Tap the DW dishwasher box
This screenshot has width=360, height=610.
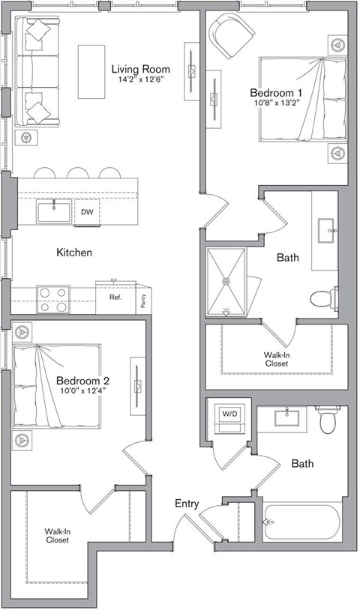pyautogui.click(x=88, y=212)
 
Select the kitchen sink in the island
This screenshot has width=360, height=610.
pyautogui.click(x=54, y=211)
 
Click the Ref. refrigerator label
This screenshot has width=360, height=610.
pyautogui.click(x=115, y=298)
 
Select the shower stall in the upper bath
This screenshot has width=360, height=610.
pyautogui.click(x=229, y=281)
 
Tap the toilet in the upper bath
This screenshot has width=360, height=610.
pyautogui.click(x=324, y=298)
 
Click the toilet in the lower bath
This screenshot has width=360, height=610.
pyautogui.click(x=328, y=421)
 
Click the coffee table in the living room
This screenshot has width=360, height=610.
pyautogui.click(x=91, y=71)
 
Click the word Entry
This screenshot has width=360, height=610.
pyautogui.click(x=187, y=504)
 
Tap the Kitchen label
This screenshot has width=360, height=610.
pyautogui.click(x=74, y=253)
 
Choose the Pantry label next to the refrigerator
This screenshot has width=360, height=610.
pyautogui.click(x=143, y=298)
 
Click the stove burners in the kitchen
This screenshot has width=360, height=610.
pyautogui.click(x=52, y=300)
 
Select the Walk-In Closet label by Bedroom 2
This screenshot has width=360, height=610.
pyautogui.click(x=58, y=536)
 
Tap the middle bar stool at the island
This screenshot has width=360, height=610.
pyautogui.click(x=78, y=173)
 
